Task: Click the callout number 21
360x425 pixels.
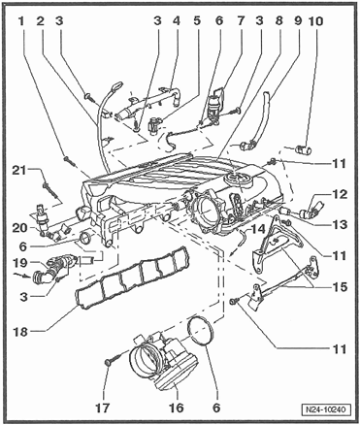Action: [21, 170]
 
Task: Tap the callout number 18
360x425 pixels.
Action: [21, 331]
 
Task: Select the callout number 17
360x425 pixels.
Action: [103, 408]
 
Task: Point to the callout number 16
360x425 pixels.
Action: [176, 408]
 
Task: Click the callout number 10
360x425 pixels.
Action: [315, 21]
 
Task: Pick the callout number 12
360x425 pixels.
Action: [339, 194]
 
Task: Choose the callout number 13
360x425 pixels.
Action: [339, 224]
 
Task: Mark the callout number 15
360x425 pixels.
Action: [339, 287]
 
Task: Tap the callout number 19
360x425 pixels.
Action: [21, 262]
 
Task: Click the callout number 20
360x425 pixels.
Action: [21, 228]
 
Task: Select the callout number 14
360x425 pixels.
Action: [257, 229]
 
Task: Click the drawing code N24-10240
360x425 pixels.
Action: [326, 409]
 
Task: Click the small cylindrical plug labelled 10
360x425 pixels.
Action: [304, 150]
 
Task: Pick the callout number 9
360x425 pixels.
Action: [298, 21]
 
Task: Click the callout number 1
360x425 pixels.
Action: [21, 21]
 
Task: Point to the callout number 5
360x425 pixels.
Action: [197, 21]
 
